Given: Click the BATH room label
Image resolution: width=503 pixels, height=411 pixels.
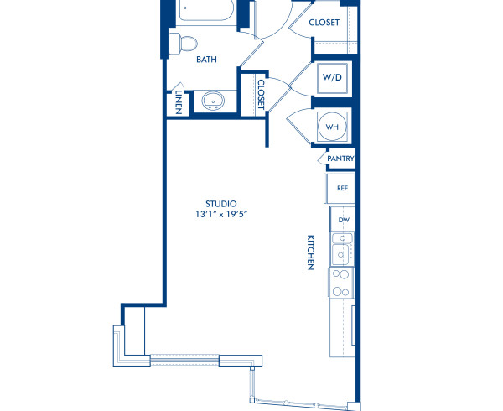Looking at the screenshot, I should pos(206,60).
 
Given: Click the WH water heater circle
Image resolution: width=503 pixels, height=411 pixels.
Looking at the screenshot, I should pos(332,127).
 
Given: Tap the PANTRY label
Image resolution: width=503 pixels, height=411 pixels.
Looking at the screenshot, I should pos(340,159).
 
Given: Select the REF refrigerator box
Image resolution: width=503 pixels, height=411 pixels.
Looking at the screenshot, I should pos(341,188).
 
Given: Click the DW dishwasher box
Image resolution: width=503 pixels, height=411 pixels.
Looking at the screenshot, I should pos(343,220).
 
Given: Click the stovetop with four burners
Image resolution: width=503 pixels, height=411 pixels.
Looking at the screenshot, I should pos(341,283).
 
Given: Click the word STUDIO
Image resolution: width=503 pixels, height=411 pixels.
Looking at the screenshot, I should pos(221,204).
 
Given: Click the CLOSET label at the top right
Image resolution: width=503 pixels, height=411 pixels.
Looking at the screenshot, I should pos(324,23).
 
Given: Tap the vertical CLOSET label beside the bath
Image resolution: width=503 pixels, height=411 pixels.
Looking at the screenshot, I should pos(261,93).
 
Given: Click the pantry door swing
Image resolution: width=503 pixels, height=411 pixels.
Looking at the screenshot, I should pos(323,159).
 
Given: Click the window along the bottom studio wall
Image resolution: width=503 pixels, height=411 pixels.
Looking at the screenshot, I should pos(184,360).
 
